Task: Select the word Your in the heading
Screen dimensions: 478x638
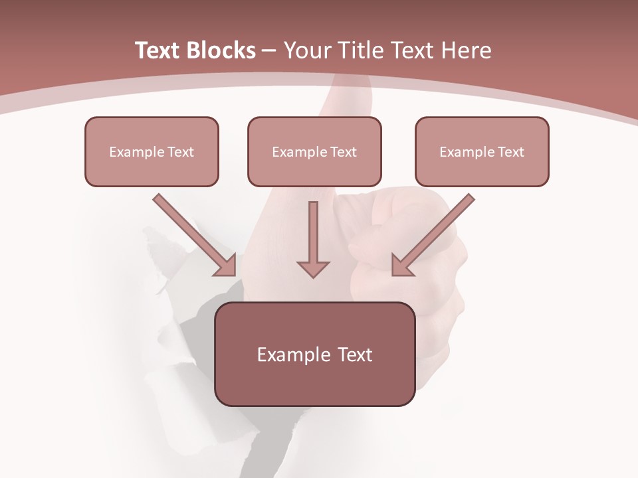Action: tap(306, 50)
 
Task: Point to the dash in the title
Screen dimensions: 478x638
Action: tap(270, 50)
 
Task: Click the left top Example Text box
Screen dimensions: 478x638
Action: tap(152, 151)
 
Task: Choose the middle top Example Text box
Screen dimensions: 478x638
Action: tap(314, 151)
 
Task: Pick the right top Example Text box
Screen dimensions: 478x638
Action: tap(482, 151)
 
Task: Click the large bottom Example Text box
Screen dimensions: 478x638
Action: tap(314, 354)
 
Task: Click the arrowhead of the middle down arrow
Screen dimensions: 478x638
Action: tap(313, 268)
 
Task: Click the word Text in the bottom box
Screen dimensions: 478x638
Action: tap(354, 355)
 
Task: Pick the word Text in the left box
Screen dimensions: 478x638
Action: tap(181, 152)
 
